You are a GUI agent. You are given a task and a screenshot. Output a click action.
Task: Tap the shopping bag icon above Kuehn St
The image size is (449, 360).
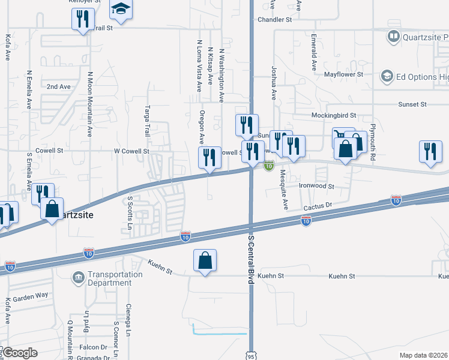point(205,260)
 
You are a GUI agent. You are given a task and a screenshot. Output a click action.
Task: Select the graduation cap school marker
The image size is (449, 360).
point(121,10)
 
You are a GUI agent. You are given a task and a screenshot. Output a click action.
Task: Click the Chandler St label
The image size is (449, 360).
point(274,19)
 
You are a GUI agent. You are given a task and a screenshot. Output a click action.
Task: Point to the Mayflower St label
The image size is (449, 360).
point(344,75)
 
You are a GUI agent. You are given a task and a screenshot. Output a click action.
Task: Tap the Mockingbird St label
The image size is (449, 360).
point(334,115)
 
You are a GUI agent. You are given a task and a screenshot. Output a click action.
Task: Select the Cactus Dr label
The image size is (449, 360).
point(318,205)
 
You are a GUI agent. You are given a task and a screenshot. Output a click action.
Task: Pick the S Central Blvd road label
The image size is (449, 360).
point(251,264)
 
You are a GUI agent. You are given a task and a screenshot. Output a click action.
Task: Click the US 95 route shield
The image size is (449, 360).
point(252,353)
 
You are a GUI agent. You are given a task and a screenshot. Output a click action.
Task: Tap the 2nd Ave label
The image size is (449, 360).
point(59,86)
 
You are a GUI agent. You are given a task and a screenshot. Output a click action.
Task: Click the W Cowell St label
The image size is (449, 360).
point(131,152)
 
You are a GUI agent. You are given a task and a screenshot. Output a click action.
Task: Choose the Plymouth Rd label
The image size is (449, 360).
point(373,142)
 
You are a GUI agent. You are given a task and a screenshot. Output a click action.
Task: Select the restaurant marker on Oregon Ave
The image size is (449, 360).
point(209,158)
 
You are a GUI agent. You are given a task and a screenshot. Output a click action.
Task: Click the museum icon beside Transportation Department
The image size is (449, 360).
point(79,277)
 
